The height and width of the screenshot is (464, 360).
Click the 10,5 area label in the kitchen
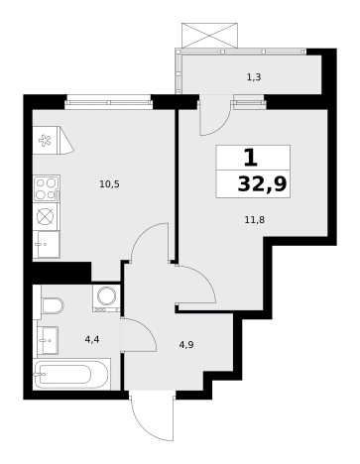pos(109,184)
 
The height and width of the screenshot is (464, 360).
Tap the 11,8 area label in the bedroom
pos(255,220)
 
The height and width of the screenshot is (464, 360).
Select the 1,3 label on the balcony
pos(254,77)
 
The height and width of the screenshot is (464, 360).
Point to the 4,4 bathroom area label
pos(92,339)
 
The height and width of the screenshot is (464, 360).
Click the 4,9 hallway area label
pos(186,345)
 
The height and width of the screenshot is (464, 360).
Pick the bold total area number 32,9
pos(262,184)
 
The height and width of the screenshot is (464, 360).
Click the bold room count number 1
pos(251,158)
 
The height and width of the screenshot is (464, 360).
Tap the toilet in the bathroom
pos(52,305)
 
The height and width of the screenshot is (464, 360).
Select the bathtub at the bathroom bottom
pos(71,375)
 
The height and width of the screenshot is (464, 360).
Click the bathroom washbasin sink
pos(48,340)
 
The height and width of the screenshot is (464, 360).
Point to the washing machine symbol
pos(106,298)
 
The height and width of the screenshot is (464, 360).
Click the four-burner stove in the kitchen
pos(46,188)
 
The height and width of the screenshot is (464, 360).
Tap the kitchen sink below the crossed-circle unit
pos(47,245)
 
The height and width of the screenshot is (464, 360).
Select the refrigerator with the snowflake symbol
pos(53,140)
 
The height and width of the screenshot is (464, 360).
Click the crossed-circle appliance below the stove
pos(46,217)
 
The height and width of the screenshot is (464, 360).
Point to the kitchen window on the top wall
pos(109,102)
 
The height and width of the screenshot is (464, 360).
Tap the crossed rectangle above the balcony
pos(209,36)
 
